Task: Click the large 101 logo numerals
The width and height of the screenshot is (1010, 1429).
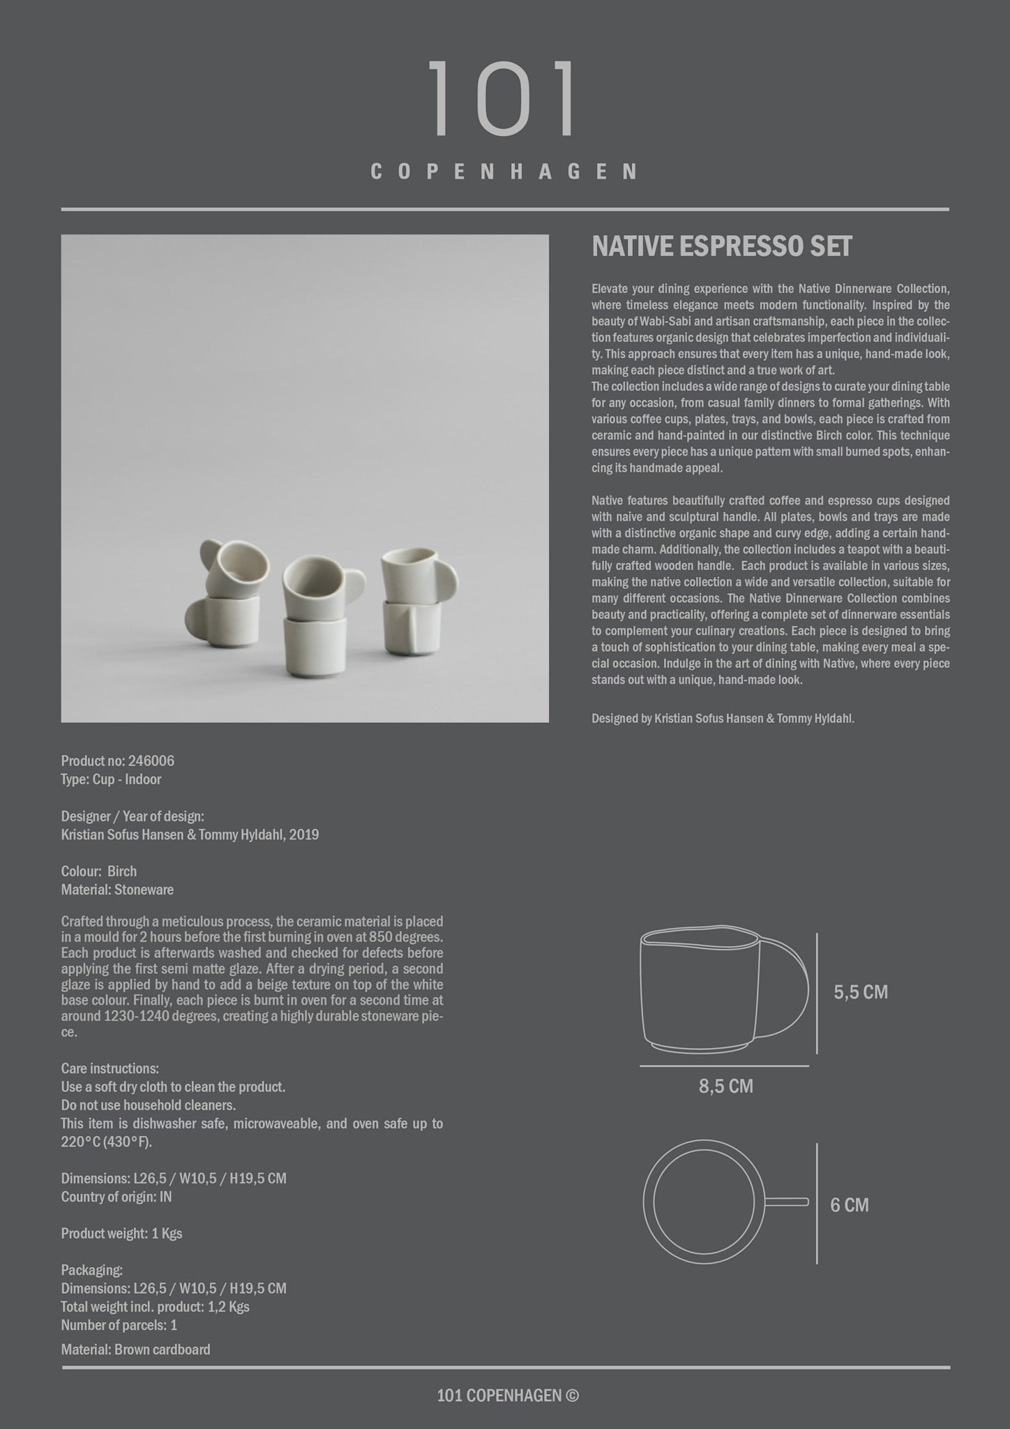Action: click(x=502, y=99)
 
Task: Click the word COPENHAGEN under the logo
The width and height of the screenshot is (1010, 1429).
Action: click(x=504, y=172)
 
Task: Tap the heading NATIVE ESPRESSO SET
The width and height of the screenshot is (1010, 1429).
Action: click(x=722, y=247)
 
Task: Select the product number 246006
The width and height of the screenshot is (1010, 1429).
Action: click(x=151, y=761)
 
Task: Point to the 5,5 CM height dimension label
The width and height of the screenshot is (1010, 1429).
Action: click(x=861, y=992)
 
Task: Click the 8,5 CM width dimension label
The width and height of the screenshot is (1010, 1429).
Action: click(x=725, y=1086)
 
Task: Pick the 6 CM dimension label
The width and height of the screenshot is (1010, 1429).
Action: click(x=849, y=1205)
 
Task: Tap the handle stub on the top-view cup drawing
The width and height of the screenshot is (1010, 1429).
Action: click(x=787, y=1202)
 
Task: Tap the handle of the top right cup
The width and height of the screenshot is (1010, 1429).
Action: click(x=444, y=579)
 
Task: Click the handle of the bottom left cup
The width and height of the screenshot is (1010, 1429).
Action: click(x=196, y=618)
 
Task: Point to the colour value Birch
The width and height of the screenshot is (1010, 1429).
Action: click(x=122, y=871)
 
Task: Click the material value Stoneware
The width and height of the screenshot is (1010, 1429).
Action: click(x=144, y=890)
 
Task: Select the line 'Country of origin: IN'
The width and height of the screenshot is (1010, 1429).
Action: click(x=116, y=1197)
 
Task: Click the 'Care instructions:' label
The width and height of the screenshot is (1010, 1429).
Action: click(x=110, y=1068)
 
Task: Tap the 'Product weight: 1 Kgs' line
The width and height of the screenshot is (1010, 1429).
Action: click(x=121, y=1234)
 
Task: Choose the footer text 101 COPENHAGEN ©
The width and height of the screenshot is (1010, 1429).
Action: click(x=508, y=1396)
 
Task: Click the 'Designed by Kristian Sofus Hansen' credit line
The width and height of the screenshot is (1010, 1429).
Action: click(x=723, y=719)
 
